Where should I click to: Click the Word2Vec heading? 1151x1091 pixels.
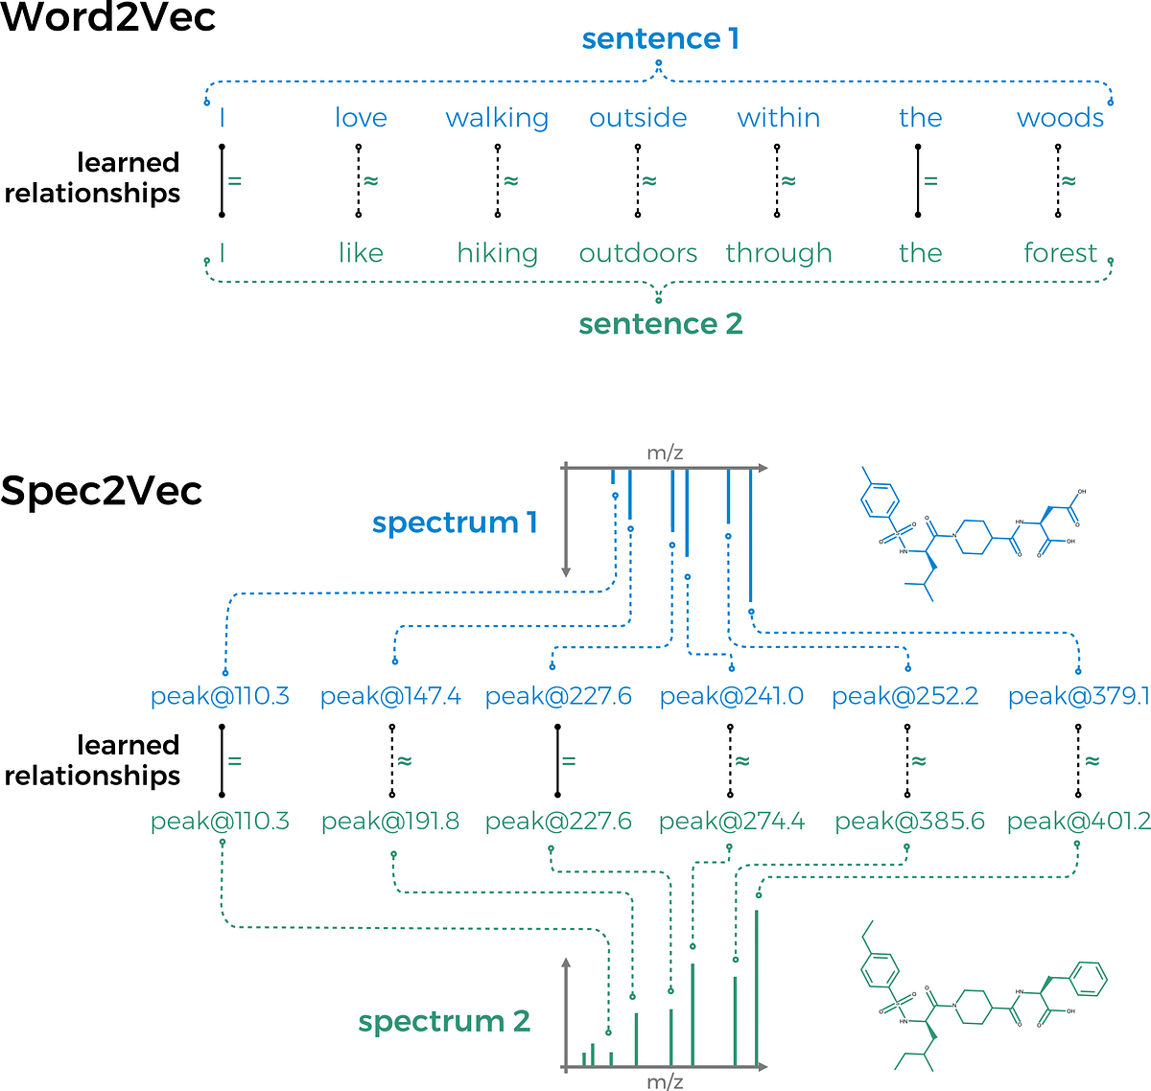coord(107,17)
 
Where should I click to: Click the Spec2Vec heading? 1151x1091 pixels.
coord(102,491)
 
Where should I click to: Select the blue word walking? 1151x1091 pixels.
coord(497,118)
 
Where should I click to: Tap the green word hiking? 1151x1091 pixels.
coord(497,253)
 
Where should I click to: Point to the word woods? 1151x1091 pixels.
coord(1060,118)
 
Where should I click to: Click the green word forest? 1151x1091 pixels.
coord(1060,253)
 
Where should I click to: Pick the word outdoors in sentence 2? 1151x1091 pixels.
coord(638,253)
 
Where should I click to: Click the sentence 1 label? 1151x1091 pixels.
coord(660,38)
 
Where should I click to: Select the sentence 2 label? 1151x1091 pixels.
coord(660,323)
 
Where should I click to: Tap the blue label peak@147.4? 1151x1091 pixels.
coord(390,696)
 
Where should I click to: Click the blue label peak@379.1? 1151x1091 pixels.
coord(1078,696)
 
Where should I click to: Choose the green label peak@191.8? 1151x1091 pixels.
coord(390,822)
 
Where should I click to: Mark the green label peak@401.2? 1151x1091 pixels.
coord(1078,822)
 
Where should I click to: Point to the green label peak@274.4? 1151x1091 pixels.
coord(732,822)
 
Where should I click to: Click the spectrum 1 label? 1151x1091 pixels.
coord(455,522)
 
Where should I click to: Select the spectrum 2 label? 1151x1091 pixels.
coord(444,1021)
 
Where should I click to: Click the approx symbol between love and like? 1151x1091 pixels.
coord(371,180)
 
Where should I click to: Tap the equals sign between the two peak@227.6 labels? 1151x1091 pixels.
coord(568,761)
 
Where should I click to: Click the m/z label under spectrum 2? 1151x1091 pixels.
coord(665,1081)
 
